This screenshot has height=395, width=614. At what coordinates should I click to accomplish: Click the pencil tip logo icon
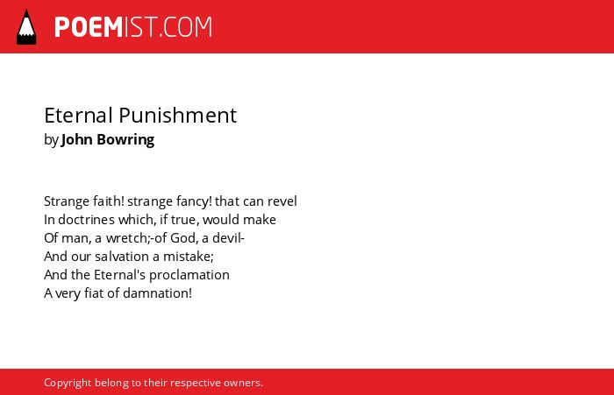click(26, 27)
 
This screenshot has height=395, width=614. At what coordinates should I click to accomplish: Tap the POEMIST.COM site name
click(133, 27)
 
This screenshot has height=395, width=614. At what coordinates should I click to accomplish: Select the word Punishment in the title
click(177, 116)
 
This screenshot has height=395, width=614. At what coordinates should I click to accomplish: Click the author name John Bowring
click(108, 139)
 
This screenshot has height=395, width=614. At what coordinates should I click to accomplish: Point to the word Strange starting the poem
click(67, 201)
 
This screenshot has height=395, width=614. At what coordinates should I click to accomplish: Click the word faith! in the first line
click(109, 201)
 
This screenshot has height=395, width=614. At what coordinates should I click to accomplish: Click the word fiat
click(94, 293)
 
